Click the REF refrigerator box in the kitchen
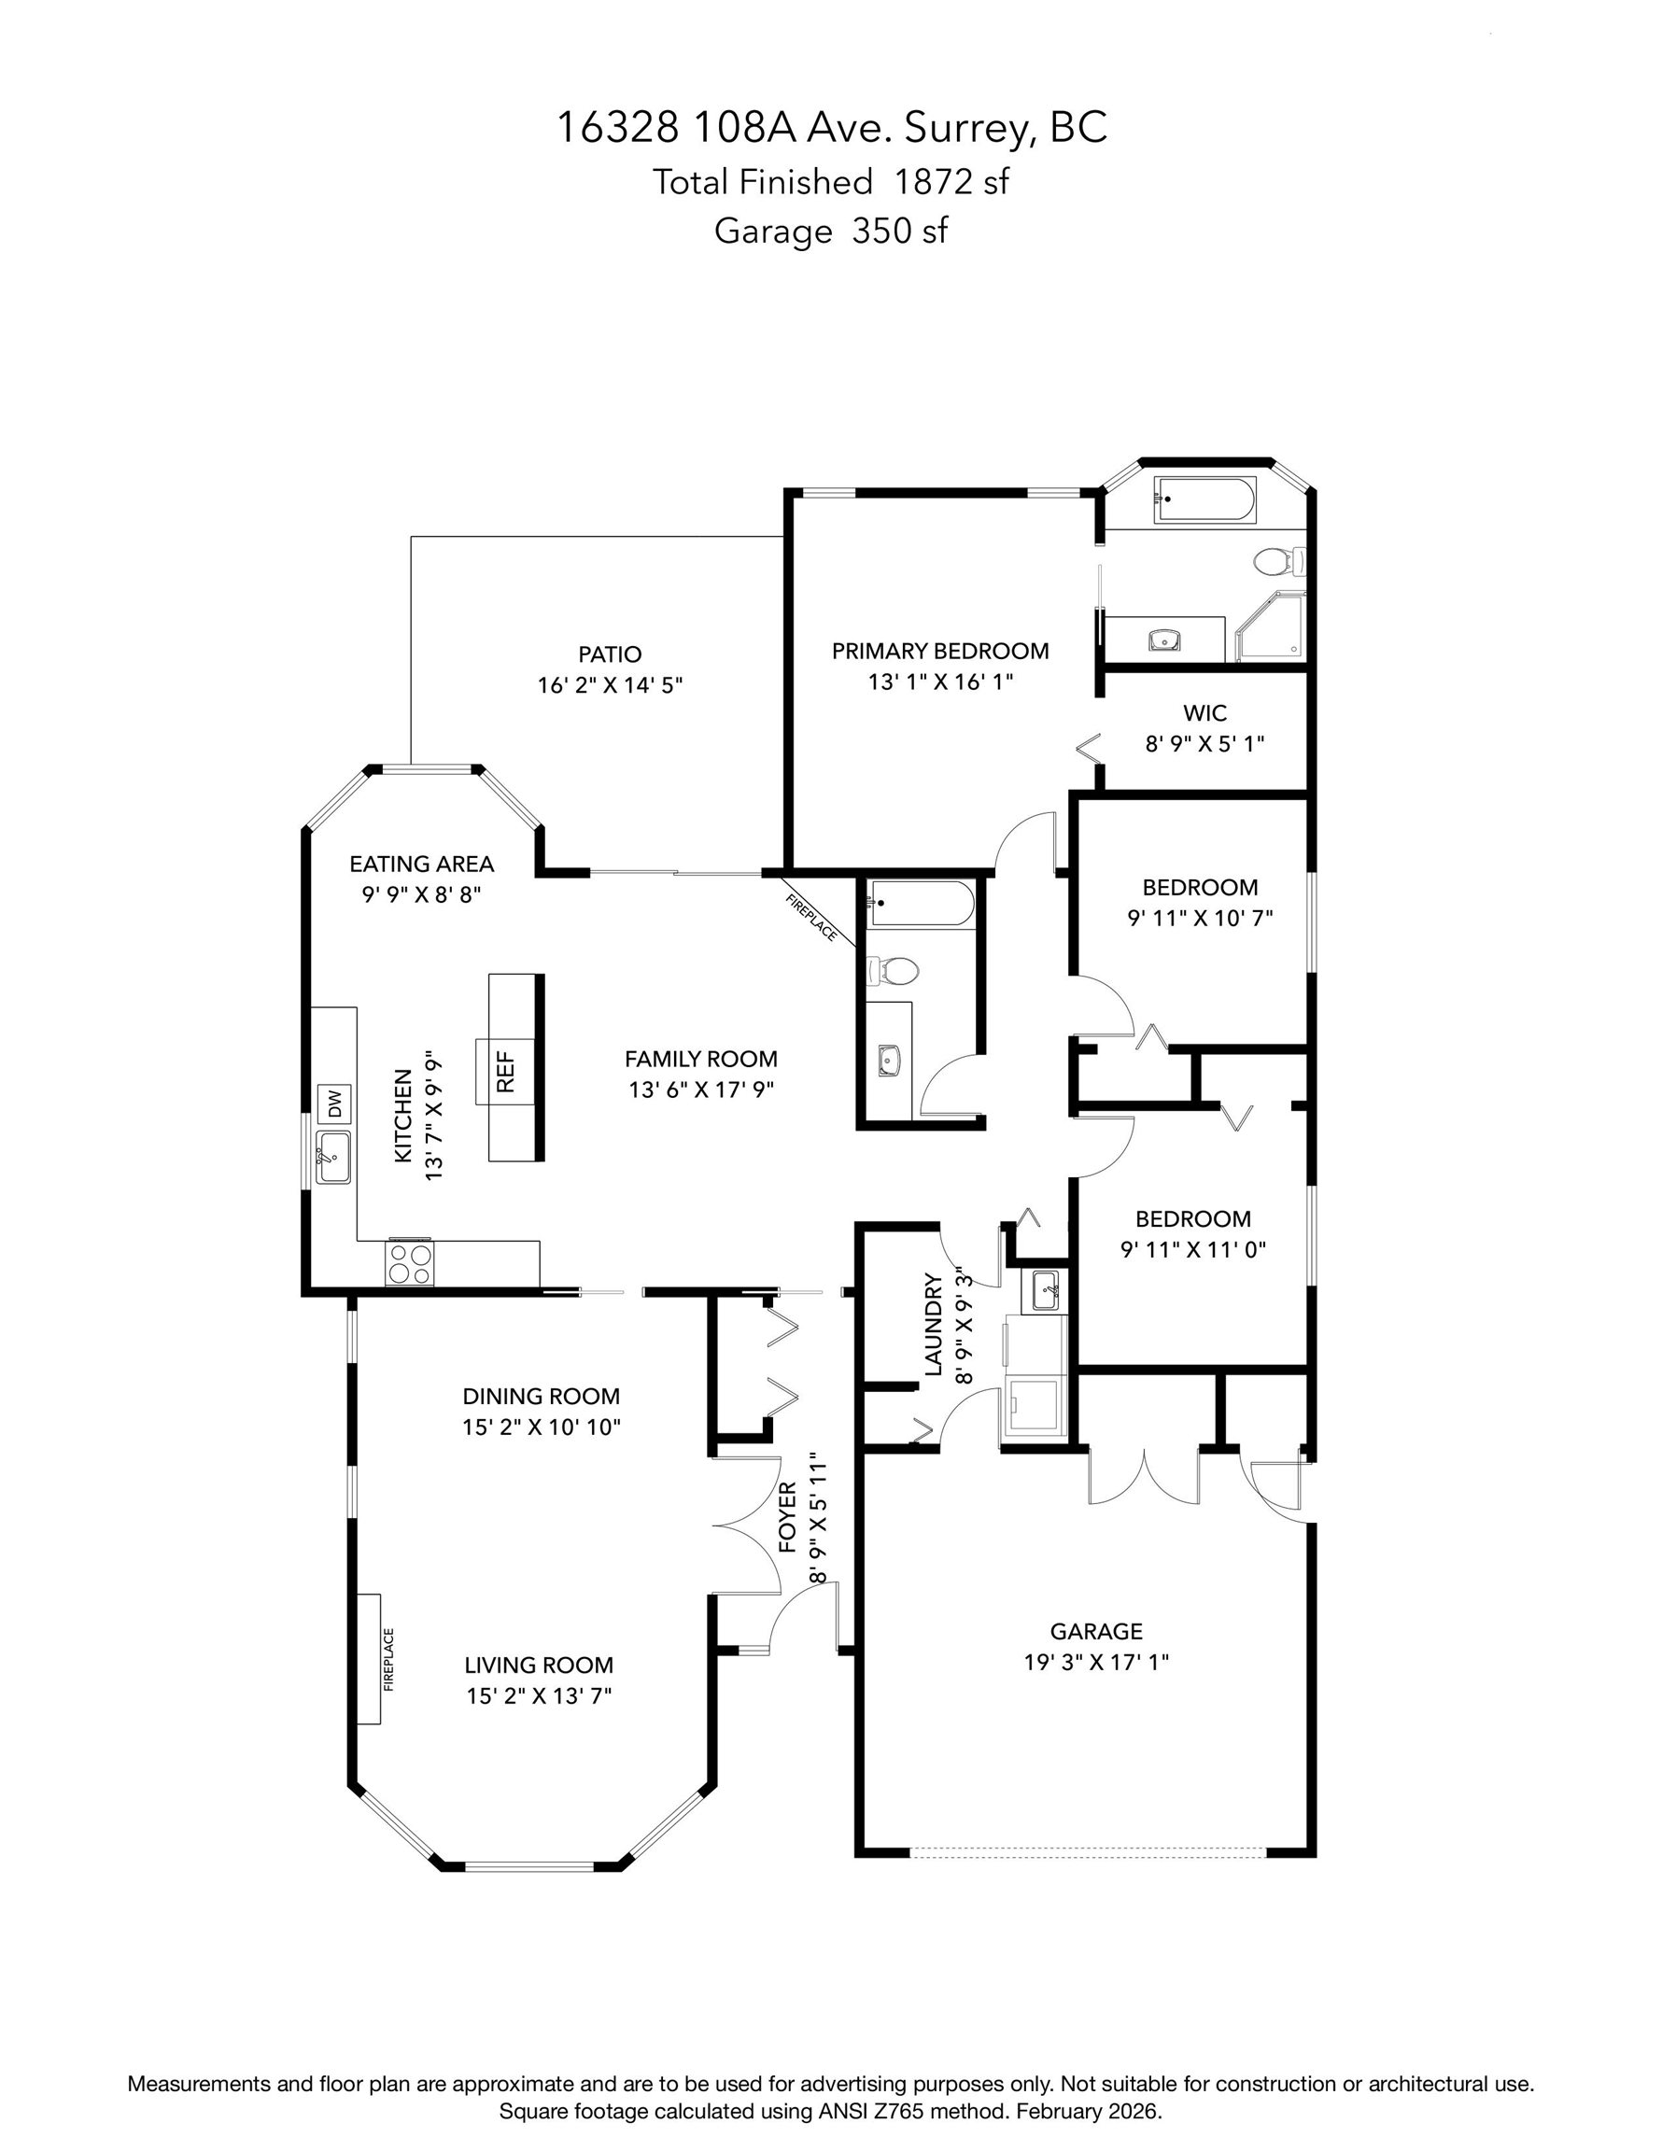point(505,1072)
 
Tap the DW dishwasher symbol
point(334,1104)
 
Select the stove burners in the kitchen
point(411,1263)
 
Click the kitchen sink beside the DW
point(333,1158)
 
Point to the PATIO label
point(610,654)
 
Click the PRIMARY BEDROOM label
point(940,651)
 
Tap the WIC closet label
point(1204,712)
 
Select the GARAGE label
point(1096,1631)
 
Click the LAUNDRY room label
point(933,1325)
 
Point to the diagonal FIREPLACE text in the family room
point(811,918)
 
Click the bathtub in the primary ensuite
point(1205,500)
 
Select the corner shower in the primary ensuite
point(1272,627)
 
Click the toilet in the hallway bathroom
point(893,971)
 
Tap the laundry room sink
point(1044,1290)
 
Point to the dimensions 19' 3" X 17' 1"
point(1096,1663)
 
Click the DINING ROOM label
point(542,1396)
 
